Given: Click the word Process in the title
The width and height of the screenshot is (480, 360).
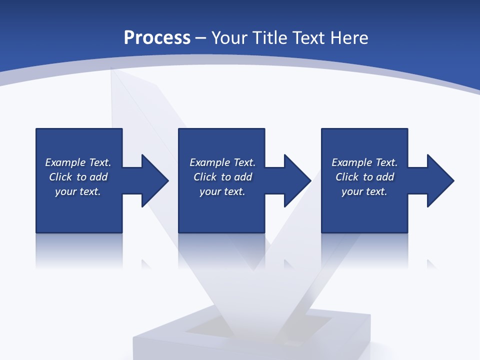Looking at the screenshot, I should (157, 38).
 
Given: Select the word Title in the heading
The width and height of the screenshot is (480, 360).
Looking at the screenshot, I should (272, 38).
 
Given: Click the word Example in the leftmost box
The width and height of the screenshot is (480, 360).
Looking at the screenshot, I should (65, 162).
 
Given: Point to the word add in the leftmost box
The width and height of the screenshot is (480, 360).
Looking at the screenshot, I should (98, 177).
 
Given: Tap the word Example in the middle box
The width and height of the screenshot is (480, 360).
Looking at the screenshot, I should (210, 162).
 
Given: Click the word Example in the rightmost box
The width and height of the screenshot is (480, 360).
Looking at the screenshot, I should (352, 162).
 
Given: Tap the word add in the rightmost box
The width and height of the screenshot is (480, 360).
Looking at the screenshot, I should (385, 177).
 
